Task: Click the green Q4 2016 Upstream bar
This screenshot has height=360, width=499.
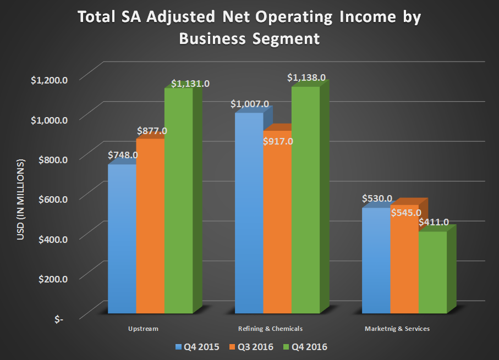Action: click(x=179, y=201)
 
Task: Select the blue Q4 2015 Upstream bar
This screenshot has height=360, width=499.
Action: click(x=122, y=239)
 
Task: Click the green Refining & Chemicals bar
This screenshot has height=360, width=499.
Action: click(x=305, y=201)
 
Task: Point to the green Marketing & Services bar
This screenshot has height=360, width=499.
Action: click(x=432, y=272)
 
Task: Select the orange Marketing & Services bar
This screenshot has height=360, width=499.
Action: click(x=404, y=259)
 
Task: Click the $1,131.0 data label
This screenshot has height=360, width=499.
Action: click(x=190, y=84)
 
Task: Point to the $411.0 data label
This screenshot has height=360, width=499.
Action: click(x=434, y=223)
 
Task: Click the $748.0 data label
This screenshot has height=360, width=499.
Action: click(x=123, y=155)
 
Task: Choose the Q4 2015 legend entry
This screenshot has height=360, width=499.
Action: click(x=197, y=347)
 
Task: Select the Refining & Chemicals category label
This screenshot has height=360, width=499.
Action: click(x=271, y=329)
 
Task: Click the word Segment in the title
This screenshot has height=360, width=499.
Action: click(x=288, y=39)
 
